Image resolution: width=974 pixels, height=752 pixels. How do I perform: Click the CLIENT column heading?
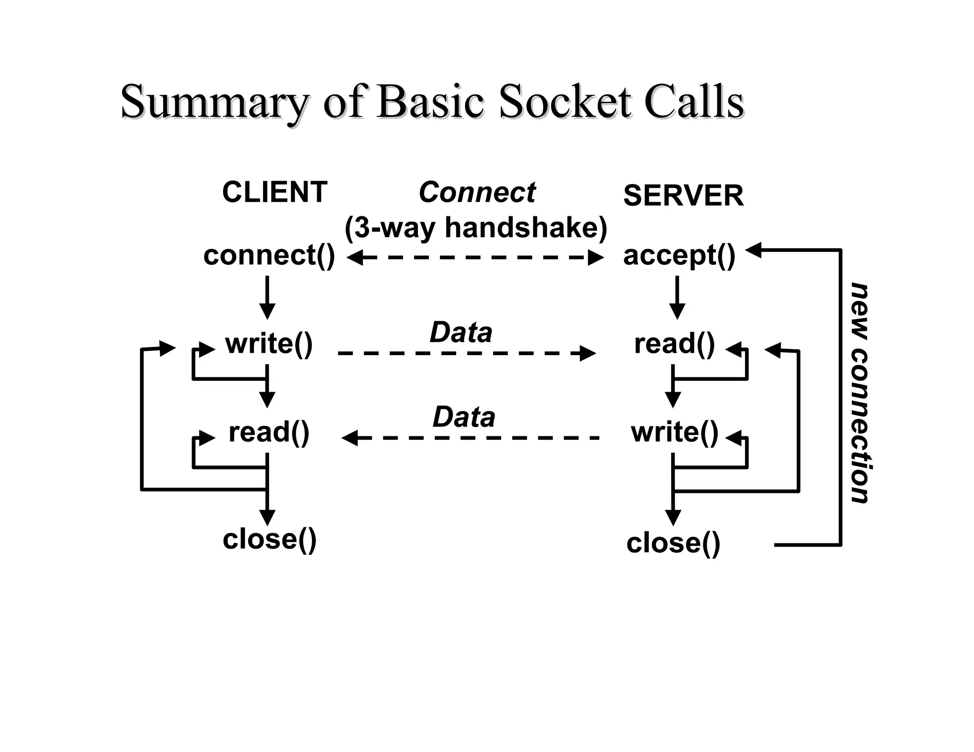point(274,192)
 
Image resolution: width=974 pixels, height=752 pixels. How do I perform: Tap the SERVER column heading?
point(683,195)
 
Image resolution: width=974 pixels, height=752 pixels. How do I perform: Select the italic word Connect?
point(477,192)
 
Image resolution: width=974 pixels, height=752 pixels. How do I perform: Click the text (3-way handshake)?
point(476,228)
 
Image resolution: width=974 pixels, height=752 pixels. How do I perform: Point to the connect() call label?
point(269,255)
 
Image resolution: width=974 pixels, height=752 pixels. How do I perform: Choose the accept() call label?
point(679,255)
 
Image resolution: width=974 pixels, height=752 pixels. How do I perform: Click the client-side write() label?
point(269,344)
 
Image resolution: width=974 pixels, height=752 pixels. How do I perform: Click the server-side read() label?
point(674,344)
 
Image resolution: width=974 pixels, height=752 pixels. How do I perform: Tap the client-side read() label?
point(269,432)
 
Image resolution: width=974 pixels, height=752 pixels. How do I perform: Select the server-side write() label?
point(674,432)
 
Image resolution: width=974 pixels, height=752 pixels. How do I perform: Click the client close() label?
point(269,539)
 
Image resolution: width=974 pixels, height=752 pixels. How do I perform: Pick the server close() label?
point(673,543)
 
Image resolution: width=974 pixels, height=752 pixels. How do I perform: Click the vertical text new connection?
point(860,393)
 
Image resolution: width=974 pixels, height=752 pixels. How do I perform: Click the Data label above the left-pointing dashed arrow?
point(464,417)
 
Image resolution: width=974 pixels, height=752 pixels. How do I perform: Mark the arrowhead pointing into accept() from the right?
point(754,250)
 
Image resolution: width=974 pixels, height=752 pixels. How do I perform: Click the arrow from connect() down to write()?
point(267,297)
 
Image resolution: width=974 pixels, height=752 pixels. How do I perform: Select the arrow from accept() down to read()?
point(677,297)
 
